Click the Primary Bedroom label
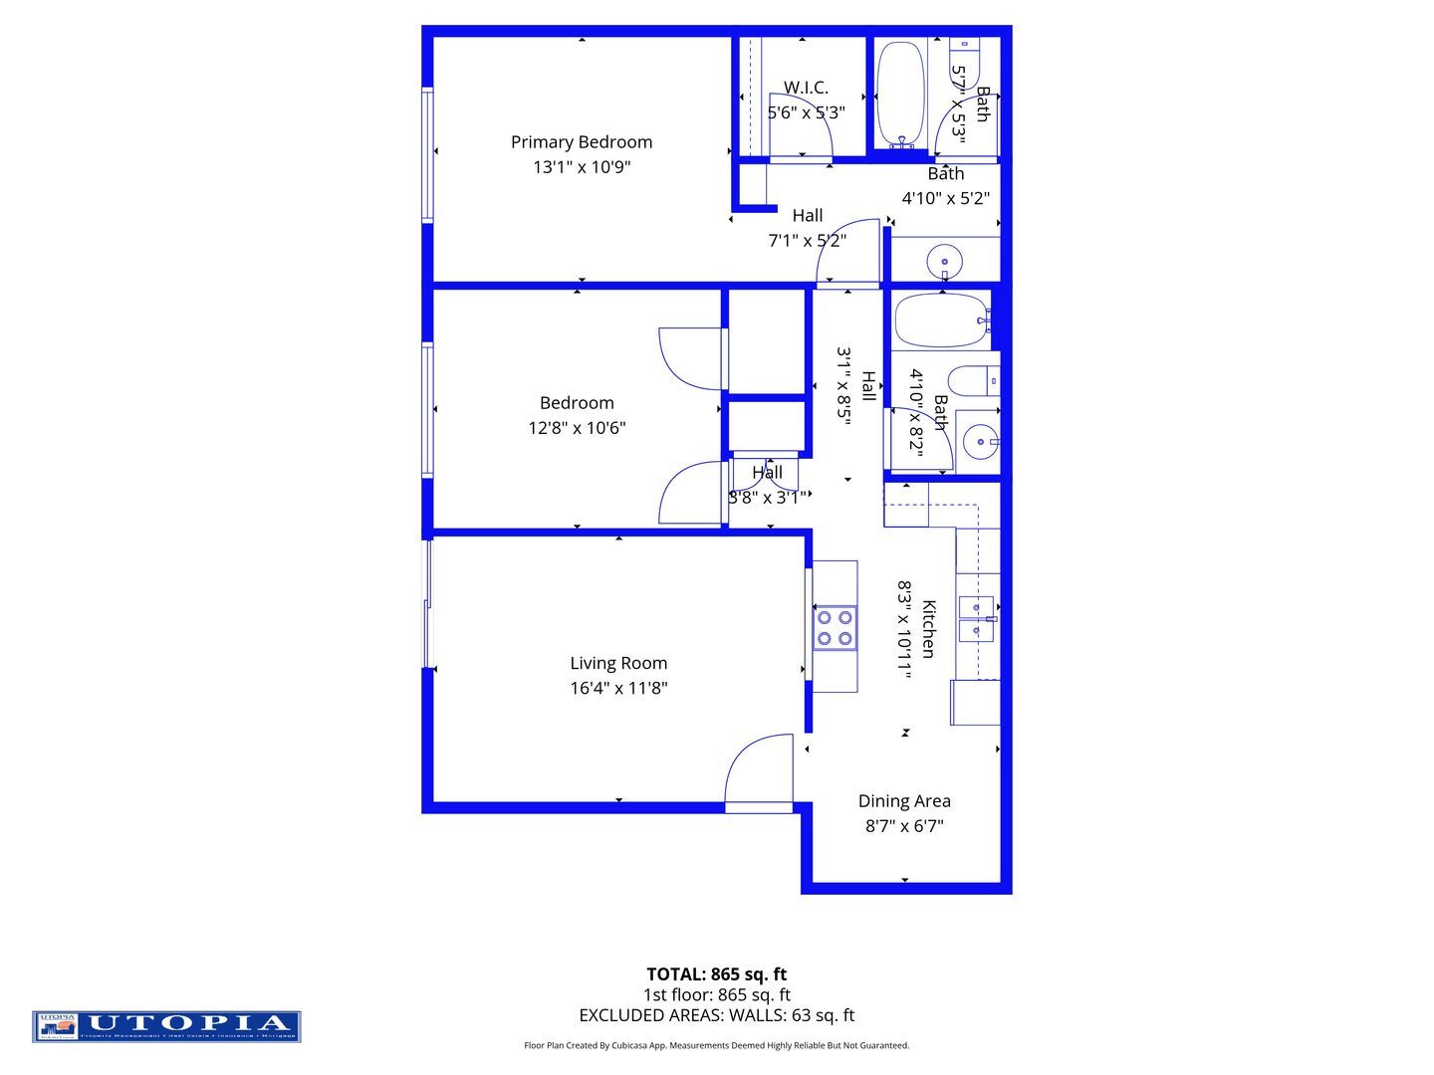tap(582, 142)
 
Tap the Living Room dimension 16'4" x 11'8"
tap(618, 688)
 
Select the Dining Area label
tap(904, 801)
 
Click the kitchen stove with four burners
tap(835, 628)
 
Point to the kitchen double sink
tap(976, 619)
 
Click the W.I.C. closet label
tap(806, 88)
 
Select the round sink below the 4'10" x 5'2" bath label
tap(944, 264)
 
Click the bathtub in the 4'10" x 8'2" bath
tap(940, 320)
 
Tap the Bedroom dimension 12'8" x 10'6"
tap(577, 428)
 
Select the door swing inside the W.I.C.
tap(800, 127)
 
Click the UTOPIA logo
tap(166, 1026)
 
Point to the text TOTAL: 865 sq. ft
tap(716, 974)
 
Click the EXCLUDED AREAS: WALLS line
tap(716, 1015)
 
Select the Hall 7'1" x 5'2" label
tap(808, 228)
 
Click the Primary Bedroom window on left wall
tap(427, 154)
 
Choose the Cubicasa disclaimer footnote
tap(716, 1045)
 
